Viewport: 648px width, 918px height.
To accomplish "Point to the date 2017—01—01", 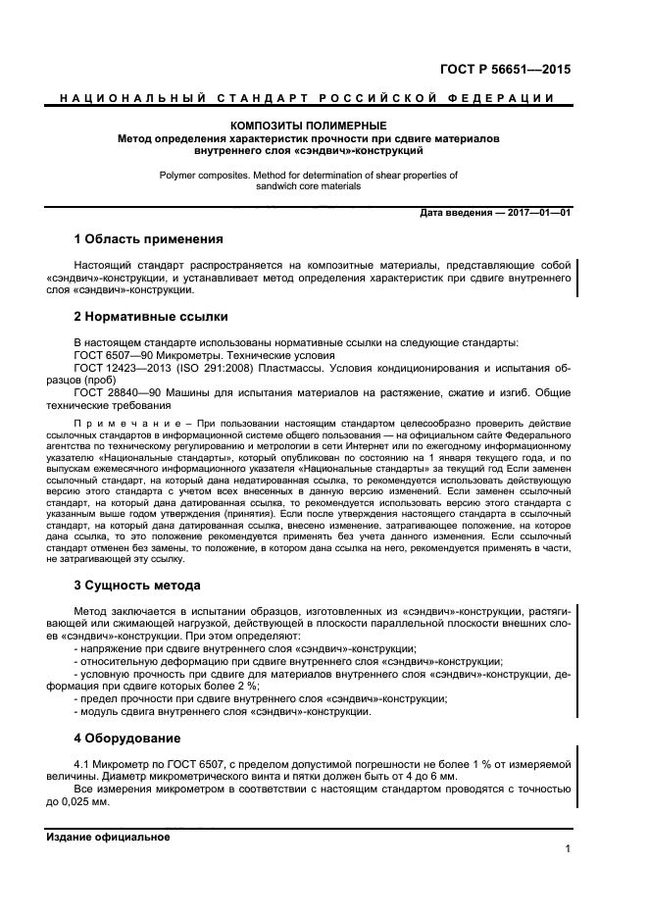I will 538,213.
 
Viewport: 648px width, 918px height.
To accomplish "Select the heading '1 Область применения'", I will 149,239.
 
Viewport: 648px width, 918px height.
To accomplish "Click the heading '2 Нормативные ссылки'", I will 151,317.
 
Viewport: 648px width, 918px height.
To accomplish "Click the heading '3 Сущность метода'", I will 137,586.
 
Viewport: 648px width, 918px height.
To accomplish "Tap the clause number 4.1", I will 82,763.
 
